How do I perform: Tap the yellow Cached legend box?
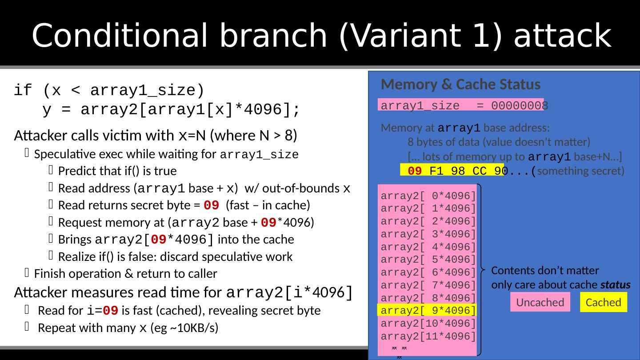pyautogui.click(x=603, y=302)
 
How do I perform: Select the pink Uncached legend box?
pyautogui.click(x=540, y=302)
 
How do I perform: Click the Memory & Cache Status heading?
pyautogui.click(x=460, y=84)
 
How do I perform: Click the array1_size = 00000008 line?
pyautogui.click(x=462, y=105)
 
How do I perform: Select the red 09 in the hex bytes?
pyautogui.click(x=415, y=171)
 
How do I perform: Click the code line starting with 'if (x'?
pyautogui.click(x=109, y=91)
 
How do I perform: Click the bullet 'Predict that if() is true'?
pyautogui.click(x=117, y=171)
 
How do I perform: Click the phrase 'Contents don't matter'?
pyautogui.click(x=545, y=271)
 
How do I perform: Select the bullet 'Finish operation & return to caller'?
pyautogui.click(x=125, y=274)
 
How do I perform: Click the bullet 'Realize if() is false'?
pyautogui.click(x=175, y=257)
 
